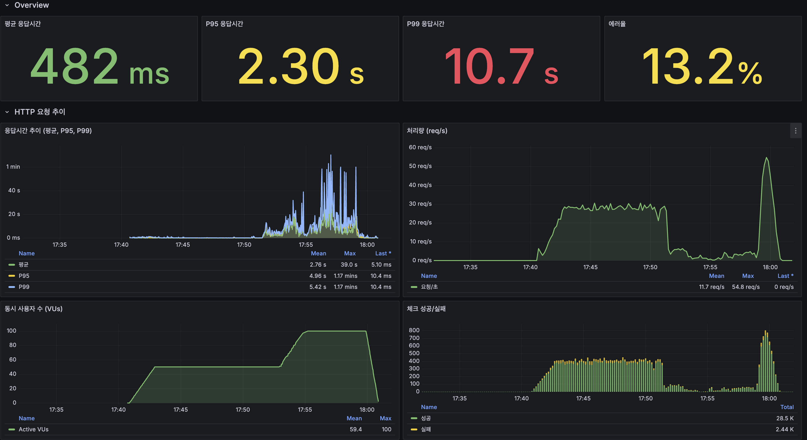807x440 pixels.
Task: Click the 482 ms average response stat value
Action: tap(100, 66)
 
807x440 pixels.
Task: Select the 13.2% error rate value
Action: tap(702, 66)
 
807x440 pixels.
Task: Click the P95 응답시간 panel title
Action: tap(224, 24)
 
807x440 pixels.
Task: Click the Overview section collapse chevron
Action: tap(7, 5)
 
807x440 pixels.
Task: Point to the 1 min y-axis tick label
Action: tap(13, 167)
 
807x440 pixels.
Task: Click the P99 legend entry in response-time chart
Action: tap(24, 287)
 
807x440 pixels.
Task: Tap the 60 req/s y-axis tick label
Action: tap(420, 147)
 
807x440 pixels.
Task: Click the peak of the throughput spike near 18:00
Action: tap(766, 158)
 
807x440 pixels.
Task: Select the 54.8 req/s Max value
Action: tap(746, 287)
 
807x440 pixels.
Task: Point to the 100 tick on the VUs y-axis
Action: tap(11, 331)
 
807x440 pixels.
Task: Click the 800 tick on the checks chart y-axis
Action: tap(414, 330)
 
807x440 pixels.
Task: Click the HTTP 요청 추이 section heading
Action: tap(40, 112)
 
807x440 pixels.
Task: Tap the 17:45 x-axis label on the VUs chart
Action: tap(181, 410)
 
